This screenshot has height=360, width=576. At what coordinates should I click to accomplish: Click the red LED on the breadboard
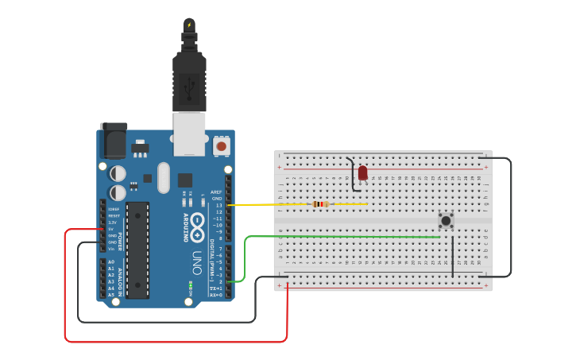(363, 172)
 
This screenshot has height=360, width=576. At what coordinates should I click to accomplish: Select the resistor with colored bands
(321, 204)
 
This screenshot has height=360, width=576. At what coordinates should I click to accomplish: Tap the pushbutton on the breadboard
(446, 220)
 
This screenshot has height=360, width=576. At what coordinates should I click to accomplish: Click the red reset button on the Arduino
(222, 146)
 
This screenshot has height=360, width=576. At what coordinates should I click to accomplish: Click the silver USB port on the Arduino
(189, 133)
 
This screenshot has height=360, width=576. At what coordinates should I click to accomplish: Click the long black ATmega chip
(137, 250)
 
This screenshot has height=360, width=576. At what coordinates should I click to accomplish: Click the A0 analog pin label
(110, 261)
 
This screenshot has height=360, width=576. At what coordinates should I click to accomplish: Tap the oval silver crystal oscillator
(164, 177)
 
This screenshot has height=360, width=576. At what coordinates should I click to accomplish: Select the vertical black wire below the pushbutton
(453, 254)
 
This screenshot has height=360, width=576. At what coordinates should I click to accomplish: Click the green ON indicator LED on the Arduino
(191, 285)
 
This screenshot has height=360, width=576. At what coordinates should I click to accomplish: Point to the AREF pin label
(216, 192)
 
